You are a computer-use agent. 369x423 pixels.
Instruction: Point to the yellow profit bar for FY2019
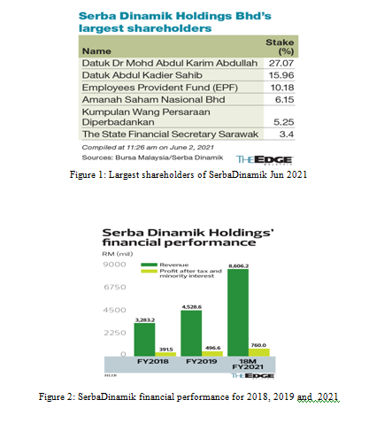[x=211, y=353]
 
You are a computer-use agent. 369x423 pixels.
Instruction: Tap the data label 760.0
[x=260, y=345]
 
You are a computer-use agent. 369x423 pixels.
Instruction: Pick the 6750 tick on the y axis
[x=115, y=287]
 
